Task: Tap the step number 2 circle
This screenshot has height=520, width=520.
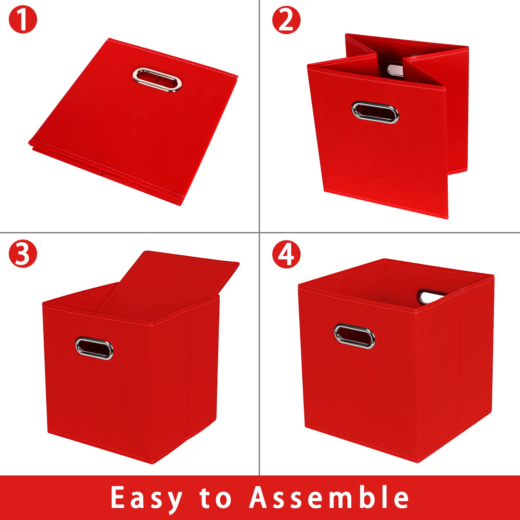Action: tap(286, 20)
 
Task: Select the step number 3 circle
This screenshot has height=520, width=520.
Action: tap(23, 254)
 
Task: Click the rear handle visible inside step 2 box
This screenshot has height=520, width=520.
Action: tap(395, 70)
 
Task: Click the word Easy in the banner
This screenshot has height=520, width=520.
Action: tap(147, 498)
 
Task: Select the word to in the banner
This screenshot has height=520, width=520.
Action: tap(215, 497)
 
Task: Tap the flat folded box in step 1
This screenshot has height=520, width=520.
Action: tap(133, 122)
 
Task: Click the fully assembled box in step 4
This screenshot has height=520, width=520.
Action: tap(396, 360)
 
